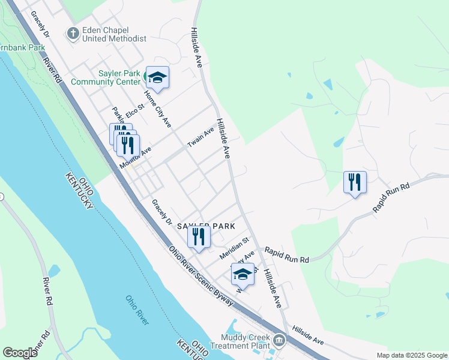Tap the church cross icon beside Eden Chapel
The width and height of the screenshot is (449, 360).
(x=73, y=33)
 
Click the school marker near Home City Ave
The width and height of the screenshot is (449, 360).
(x=157, y=77)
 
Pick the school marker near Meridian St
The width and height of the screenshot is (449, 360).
(x=243, y=274)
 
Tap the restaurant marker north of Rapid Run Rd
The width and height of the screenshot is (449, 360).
(x=355, y=182)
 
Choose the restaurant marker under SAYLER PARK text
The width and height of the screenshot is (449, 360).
(x=199, y=236)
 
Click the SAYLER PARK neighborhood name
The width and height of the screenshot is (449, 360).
(x=205, y=225)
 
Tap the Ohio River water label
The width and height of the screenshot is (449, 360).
(x=137, y=310)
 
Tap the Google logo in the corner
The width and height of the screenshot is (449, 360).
(x=20, y=353)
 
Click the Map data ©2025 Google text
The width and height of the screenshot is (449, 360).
(x=412, y=355)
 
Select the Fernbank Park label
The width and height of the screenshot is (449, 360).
(x=22, y=47)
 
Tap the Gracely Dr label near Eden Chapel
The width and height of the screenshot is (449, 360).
(x=40, y=24)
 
